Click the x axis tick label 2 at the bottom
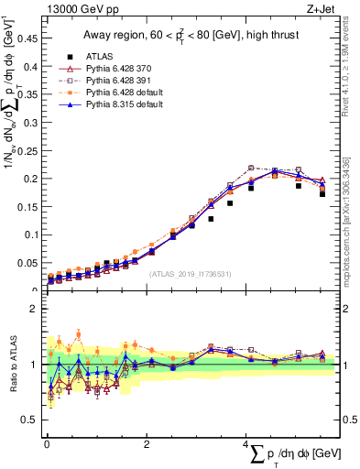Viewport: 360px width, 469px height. click(x=147, y=443)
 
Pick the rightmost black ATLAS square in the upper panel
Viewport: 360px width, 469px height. click(x=322, y=193)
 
